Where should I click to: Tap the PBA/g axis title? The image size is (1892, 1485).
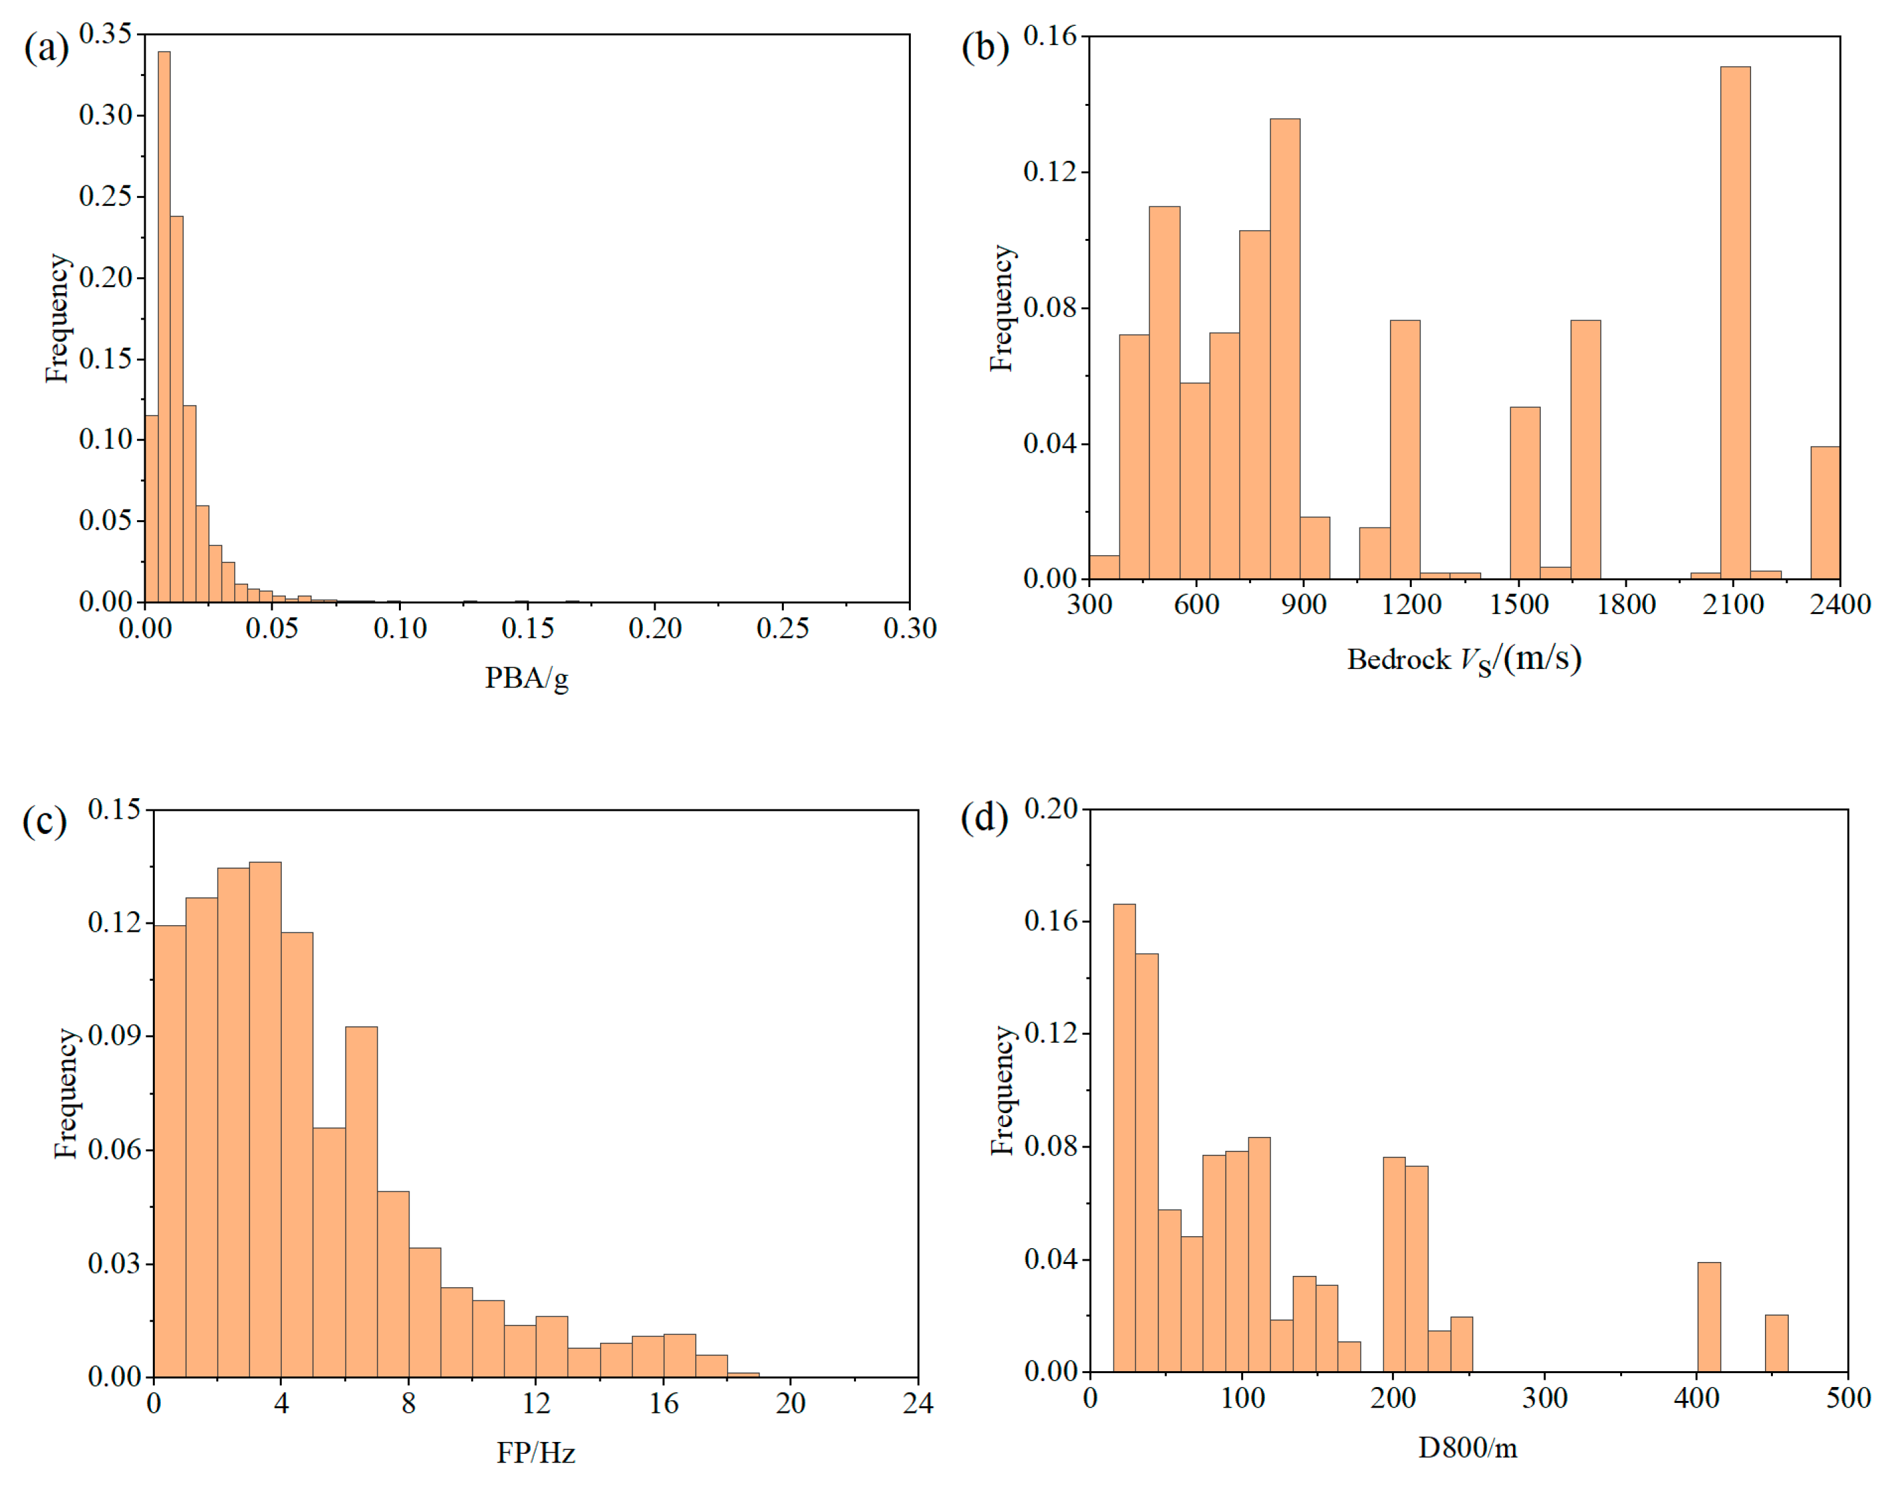[x=526, y=677]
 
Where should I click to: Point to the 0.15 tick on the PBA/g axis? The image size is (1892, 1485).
[x=527, y=628]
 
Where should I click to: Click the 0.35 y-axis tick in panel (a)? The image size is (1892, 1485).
[x=105, y=34]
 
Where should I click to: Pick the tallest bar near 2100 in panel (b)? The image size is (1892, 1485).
[x=1735, y=322]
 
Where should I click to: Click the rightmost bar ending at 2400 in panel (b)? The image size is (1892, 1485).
[x=1825, y=513]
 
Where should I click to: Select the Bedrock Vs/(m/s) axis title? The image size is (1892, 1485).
[x=1463, y=659]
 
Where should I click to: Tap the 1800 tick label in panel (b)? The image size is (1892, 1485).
[x=1625, y=604]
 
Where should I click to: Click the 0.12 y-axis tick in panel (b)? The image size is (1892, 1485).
[x=1049, y=171]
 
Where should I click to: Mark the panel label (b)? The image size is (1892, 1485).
[x=984, y=47]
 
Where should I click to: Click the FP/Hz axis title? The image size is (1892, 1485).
[x=535, y=1452]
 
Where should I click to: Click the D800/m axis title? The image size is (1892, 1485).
[x=1467, y=1448]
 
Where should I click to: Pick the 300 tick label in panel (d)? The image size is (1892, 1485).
[x=1545, y=1398]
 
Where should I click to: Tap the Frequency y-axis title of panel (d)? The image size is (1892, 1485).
[x=1002, y=1091]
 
